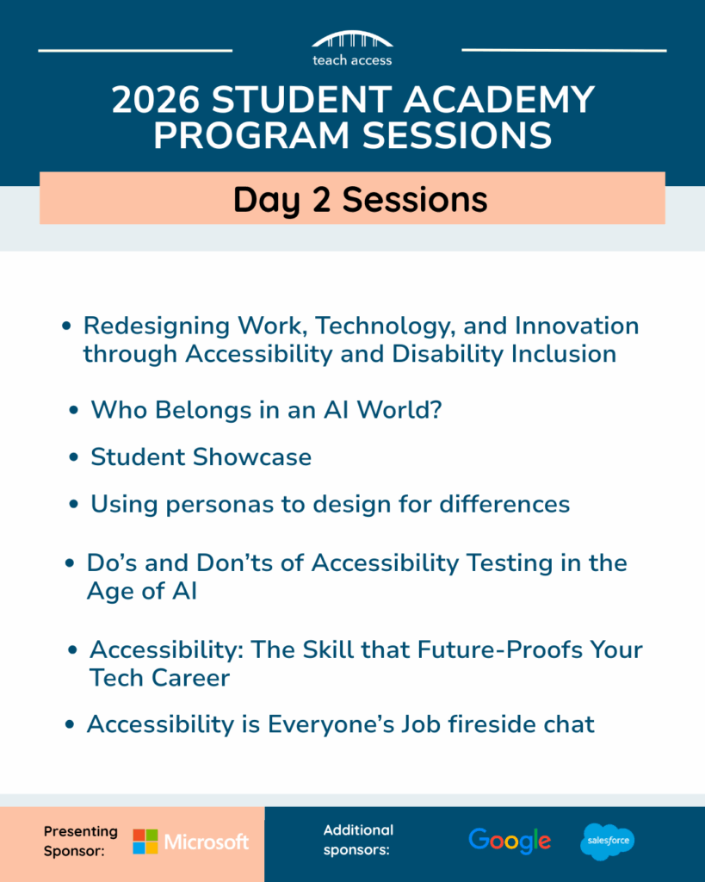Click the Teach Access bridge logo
352,40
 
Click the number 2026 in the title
155,100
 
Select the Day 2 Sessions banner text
360,199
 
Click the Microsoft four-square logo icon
145,842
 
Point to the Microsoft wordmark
207,842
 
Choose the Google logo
510,841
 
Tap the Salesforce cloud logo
607,841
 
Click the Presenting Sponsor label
80,841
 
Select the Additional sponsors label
358,841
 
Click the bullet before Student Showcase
74,458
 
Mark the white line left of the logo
135,50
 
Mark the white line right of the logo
564,50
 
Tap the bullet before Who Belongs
74,411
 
